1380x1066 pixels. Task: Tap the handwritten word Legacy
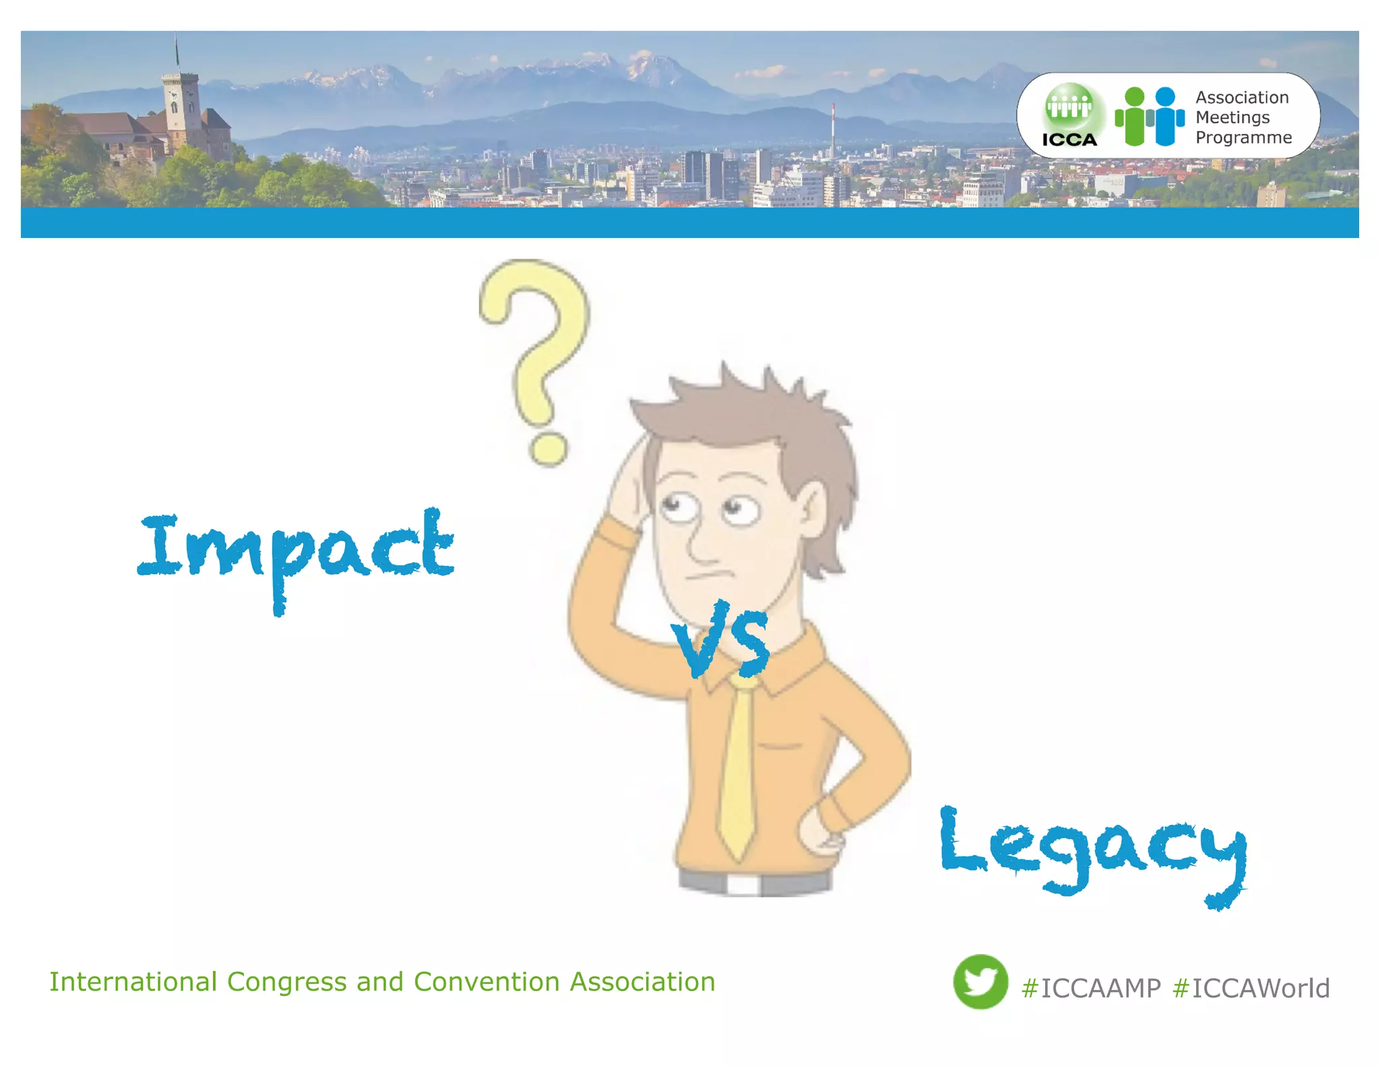[x=1092, y=849]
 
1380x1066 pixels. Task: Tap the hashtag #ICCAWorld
[x=1251, y=989]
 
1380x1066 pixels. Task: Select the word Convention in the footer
[x=487, y=982]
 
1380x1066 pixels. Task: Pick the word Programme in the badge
[x=1244, y=137]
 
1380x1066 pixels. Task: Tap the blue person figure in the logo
[x=1166, y=116]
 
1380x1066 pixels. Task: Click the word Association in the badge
[x=1242, y=98]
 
